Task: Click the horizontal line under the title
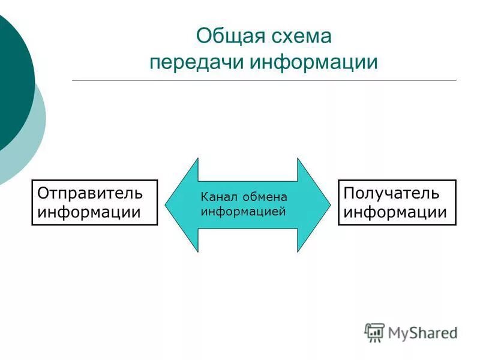[264, 80]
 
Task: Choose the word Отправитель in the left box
[91, 193]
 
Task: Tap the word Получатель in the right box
[391, 193]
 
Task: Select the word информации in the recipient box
[395, 212]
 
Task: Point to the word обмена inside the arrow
[264, 197]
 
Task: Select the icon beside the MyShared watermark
[374, 332]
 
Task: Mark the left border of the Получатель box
[338, 202]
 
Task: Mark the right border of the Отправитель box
[157, 202]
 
